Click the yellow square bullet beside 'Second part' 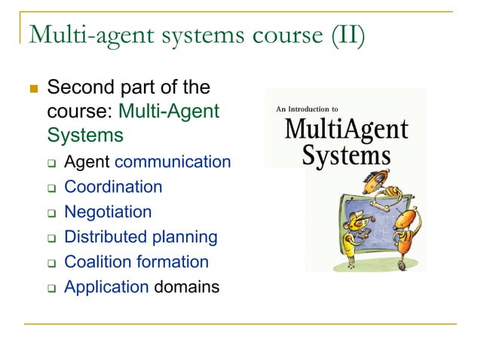coord(32,89)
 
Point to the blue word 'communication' coord(173,161)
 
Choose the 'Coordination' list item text coord(113,186)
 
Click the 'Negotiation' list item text coord(108,212)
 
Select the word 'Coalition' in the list coord(93,261)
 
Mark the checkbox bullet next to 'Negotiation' coord(51,213)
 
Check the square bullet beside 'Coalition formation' coord(51,263)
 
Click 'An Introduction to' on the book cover coord(302,109)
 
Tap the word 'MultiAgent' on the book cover coord(346,129)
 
